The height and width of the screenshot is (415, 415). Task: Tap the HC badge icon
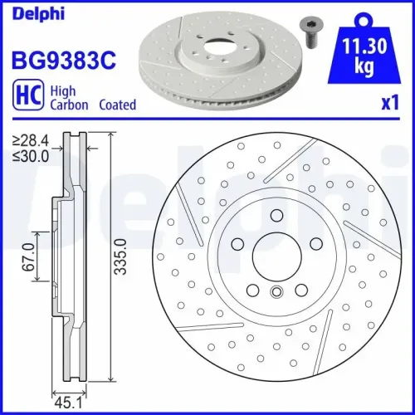click(x=26, y=97)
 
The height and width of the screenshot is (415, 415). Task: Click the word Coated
click(x=117, y=105)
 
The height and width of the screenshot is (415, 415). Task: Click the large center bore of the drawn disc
click(x=276, y=255)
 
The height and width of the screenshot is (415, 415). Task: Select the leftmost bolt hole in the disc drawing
click(x=238, y=243)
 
